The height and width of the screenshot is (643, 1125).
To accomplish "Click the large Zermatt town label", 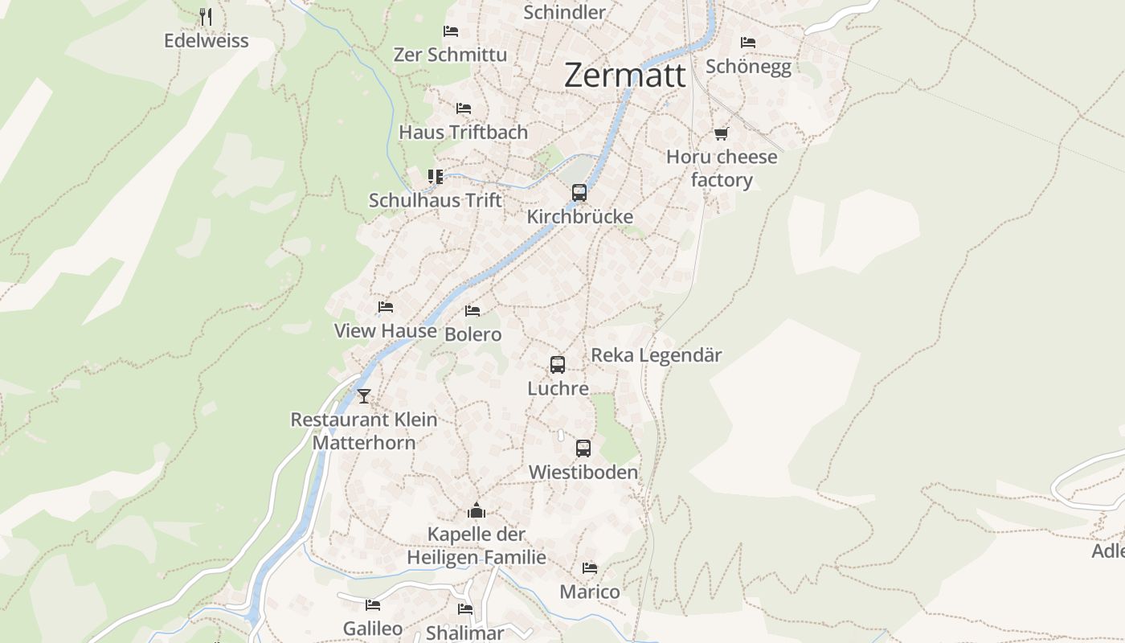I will (625, 75).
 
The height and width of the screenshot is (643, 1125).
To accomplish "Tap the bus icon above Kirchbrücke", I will (579, 193).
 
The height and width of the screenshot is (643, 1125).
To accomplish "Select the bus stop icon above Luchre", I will (558, 365).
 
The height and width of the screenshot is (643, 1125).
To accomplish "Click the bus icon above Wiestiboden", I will (583, 448).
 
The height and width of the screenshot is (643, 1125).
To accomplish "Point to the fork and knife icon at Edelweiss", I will (206, 16).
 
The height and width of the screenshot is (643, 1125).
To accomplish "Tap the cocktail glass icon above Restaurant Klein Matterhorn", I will (364, 395).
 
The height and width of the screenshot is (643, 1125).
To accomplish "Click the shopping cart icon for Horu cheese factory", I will (721, 133).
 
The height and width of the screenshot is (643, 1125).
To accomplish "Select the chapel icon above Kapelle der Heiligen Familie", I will (477, 510).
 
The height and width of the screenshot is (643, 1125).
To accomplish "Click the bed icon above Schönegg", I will (748, 43).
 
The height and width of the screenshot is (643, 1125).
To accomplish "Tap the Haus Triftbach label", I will (464, 132).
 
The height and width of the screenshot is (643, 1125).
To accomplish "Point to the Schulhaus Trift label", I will (435, 200).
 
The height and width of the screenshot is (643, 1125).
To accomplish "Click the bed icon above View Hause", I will (386, 307).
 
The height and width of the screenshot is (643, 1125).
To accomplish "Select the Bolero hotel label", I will (472, 334).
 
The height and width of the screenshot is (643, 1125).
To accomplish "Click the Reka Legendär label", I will (657, 354).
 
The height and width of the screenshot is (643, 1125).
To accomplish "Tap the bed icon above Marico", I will (590, 568).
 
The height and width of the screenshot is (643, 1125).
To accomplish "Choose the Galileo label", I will (373, 628).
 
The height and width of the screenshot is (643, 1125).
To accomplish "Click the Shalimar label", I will (465, 633).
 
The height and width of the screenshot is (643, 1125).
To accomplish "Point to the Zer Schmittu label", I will (450, 55).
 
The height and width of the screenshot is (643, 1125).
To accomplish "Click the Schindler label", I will (564, 12).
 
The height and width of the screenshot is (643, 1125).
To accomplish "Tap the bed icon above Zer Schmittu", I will (451, 31).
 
